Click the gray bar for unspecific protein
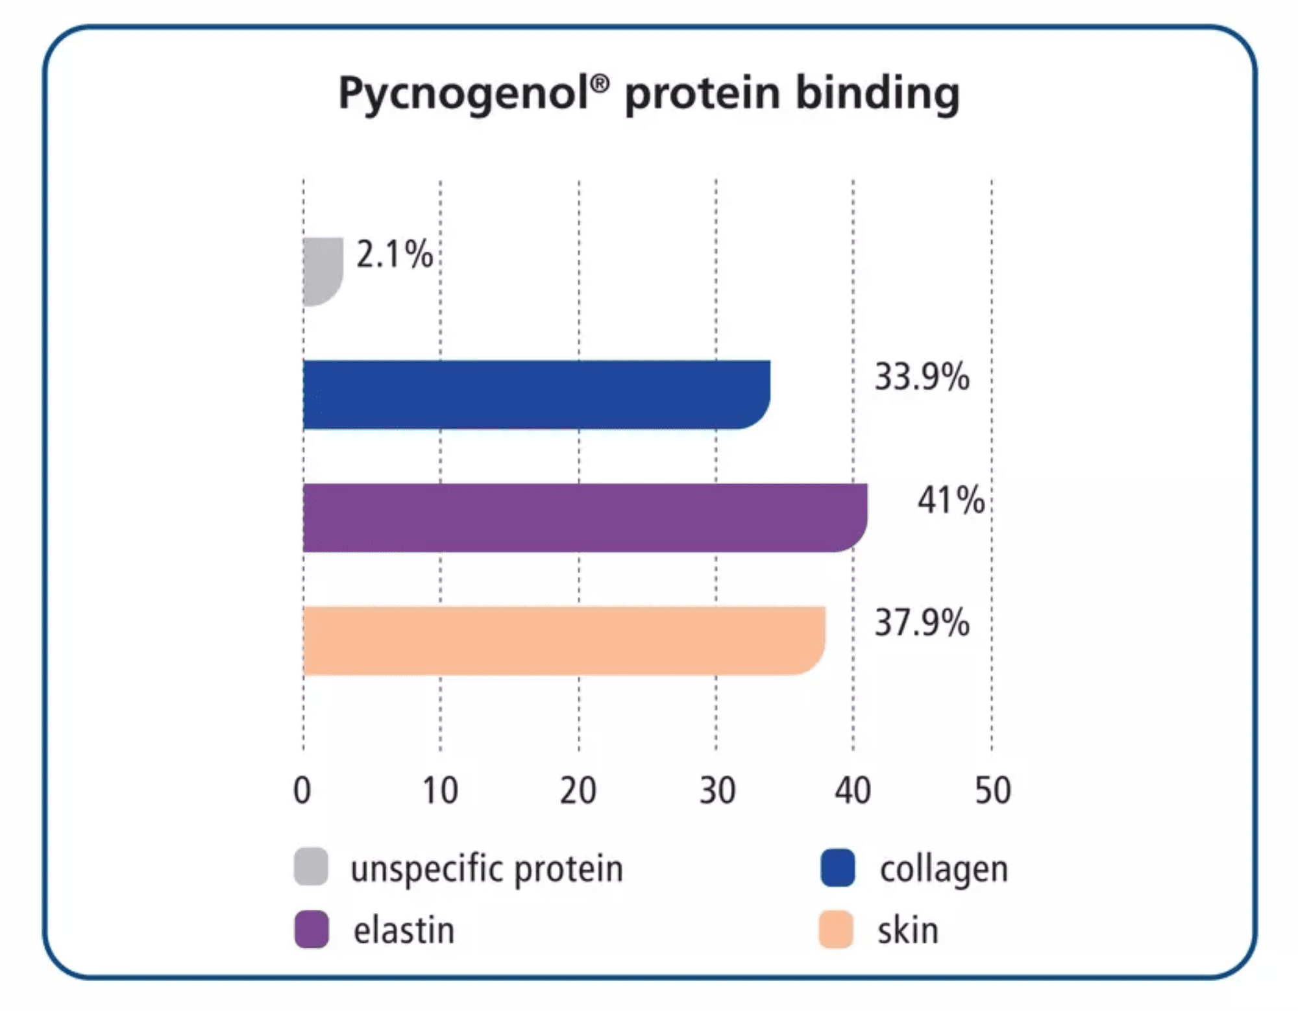[323, 271]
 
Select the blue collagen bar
[537, 395]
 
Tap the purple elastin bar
[585, 518]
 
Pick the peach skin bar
[564, 640]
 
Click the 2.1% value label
[395, 254]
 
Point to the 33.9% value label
[922, 377]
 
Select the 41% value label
[951, 500]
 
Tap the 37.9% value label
[922, 623]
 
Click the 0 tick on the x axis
[302, 790]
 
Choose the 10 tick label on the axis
[440, 790]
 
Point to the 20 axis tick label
[578, 790]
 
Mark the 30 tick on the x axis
[717, 790]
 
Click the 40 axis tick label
[853, 790]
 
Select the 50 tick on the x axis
[993, 790]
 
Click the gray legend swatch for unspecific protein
[311, 866]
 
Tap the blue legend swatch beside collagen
[838, 868]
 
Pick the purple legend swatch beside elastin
[312, 929]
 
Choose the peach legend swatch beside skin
[836, 929]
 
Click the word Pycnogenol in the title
[474, 95]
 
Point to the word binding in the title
[878, 95]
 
